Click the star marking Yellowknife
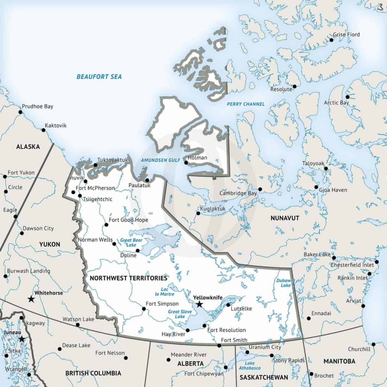pyautogui.click(x=199, y=304)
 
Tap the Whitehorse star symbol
pyautogui.click(x=31, y=299)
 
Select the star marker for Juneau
pyautogui.click(x=22, y=339)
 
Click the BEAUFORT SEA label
pyautogui.click(x=99, y=76)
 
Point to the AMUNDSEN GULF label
pyautogui.click(x=160, y=160)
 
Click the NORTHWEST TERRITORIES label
pyautogui.click(x=128, y=278)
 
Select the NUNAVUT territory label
pyautogui.click(x=285, y=218)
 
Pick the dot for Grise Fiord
pyautogui.click(x=331, y=40)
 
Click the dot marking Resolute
pyautogui.click(x=294, y=86)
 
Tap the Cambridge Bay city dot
pyautogui.click(x=260, y=189)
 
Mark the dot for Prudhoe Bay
pyautogui.click(x=20, y=112)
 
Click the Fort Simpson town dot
pyautogui.click(x=144, y=309)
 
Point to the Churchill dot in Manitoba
pyautogui.click(x=373, y=344)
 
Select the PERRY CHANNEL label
pyautogui.click(x=246, y=104)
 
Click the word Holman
pyautogui.click(x=197, y=157)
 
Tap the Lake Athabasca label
pyautogui.click(x=253, y=366)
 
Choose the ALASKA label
pyautogui.click(x=28, y=147)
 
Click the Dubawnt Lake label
pyautogui.click(x=284, y=283)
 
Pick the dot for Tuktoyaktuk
pyautogui.click(x=95, y=165)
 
